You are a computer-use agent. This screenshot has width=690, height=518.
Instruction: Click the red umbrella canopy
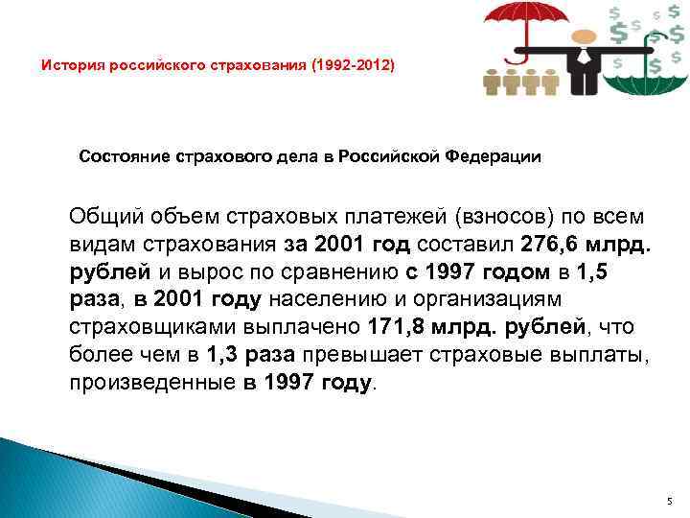click(x=522, y=14)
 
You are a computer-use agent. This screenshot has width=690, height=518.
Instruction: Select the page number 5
click(x=670, y=502)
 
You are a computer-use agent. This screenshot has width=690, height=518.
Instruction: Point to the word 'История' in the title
click(x=70, y=66)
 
